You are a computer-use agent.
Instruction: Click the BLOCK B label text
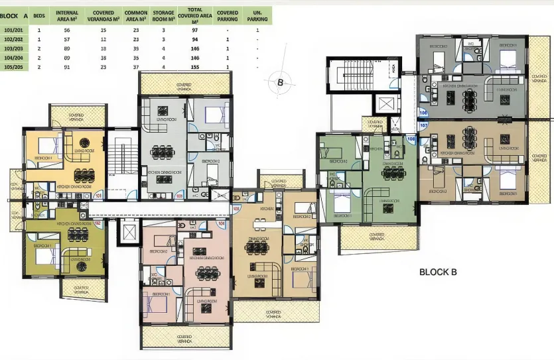click(x=438, y=272)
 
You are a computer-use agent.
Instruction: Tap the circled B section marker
click(x=281, y=83)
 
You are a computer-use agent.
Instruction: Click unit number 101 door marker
click(x=98, y=196)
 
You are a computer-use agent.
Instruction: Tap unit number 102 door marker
click(x=98, y=223)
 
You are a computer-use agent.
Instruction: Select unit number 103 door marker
click(x=178, y=196)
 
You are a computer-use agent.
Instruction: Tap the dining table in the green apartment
click(x=397, y=171)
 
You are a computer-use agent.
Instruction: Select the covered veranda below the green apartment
click(x=378, y=237)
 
